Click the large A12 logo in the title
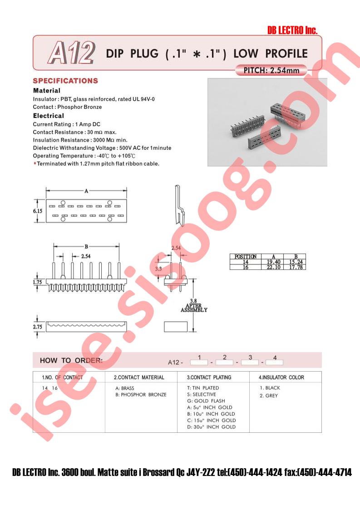[71, 53]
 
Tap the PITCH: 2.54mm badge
[271, 70]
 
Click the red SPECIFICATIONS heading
[65, 81]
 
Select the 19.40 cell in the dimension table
[274, 262]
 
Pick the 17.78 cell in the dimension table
[296, 267]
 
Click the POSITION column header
[245, 256]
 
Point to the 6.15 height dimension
[37, 211]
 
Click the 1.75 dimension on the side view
[37, 282]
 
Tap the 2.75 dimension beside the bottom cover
[37, 327]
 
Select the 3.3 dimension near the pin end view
[158, 269]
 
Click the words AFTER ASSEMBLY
[194, 308]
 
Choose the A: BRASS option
[125, 388]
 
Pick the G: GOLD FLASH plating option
[206, 401]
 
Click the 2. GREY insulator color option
[269, 396]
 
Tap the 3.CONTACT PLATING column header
[209, 377]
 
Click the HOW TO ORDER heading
[71, 360]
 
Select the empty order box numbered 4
[274, 362]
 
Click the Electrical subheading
[49, 116]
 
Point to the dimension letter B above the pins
[86, 247]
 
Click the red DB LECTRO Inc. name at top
[292, 30]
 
